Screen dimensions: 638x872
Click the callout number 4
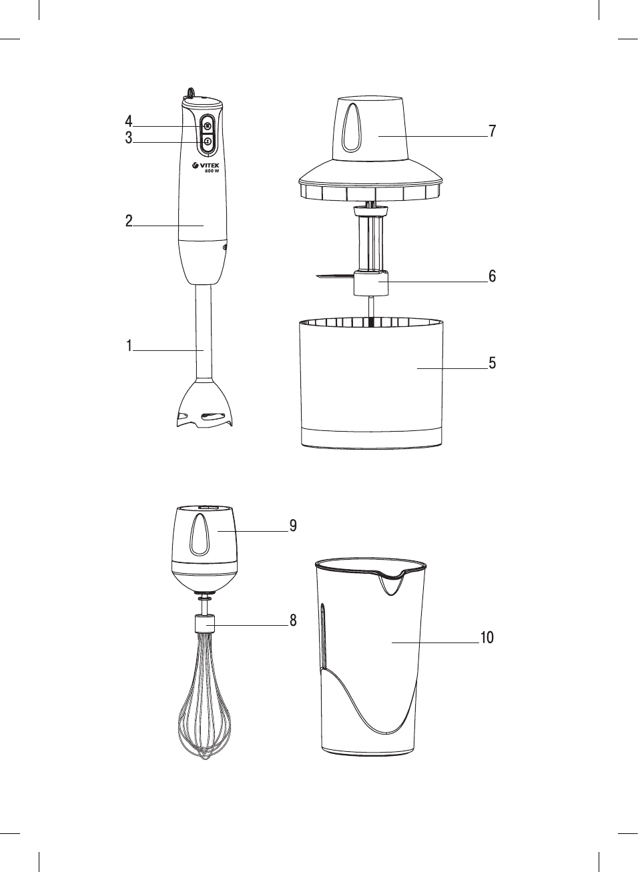[129, 121]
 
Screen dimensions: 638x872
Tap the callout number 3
[129, 138]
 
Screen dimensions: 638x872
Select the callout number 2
[129, 221]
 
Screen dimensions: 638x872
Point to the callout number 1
[129, 346]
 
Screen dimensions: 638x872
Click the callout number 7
[493, 131]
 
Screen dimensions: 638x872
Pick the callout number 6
[493, 276]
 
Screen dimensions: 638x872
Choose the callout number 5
[493, 363]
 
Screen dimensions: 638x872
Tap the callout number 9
[293, 526]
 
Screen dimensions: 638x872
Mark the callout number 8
[293, 620]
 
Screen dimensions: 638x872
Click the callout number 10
[487, 637]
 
